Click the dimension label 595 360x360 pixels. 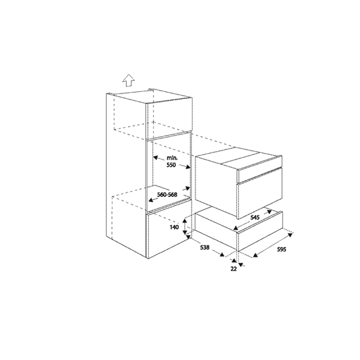coord(276,249)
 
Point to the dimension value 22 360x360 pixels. coord(234,269)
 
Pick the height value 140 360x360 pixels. coord(174,228)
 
